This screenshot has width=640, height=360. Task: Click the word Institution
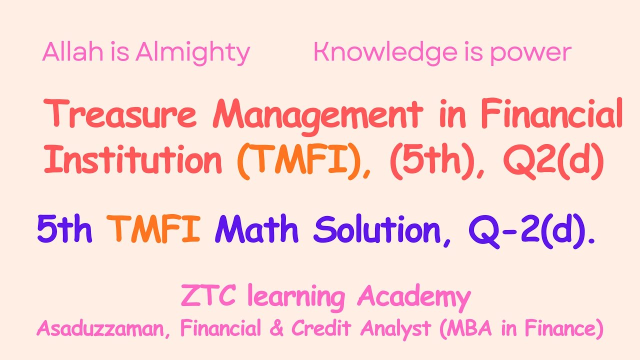(x=133, y=160)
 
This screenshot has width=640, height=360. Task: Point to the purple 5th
(x=64, y=229)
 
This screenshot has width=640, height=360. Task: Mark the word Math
(x=256, y=229)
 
